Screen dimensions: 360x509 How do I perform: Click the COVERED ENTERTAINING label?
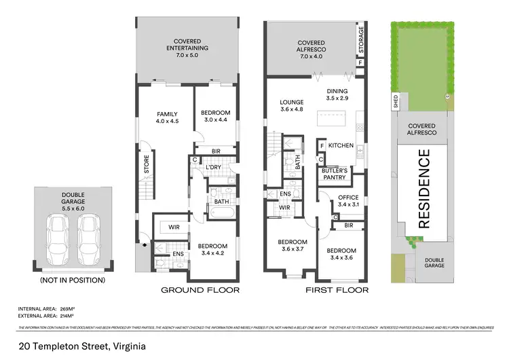(x=187, y=45)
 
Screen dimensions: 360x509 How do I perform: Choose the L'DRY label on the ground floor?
(x=213, y=167)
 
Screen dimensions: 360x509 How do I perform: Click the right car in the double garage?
(x=89, y=240)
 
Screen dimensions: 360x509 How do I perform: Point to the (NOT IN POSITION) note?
(x=73, y=280)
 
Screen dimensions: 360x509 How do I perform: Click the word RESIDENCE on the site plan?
(x=423, y=188)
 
